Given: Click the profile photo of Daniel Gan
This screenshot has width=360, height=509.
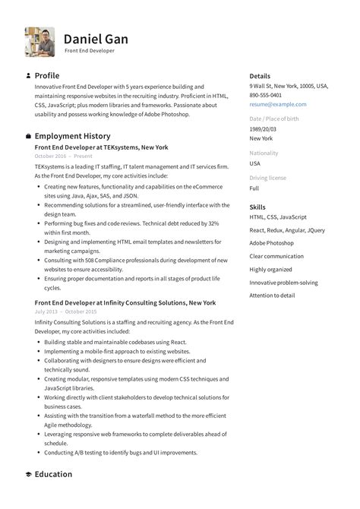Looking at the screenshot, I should (x=39, y=42).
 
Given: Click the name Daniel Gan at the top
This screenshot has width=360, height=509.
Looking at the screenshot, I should (x=96, y=38).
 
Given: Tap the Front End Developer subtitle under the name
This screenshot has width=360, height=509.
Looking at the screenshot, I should (x=89, y=51).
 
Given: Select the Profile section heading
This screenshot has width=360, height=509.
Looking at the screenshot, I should (x=47, y=76).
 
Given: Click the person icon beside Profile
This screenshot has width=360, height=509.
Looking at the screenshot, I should (x=28, y=76).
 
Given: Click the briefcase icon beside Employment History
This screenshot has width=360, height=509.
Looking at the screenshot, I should (x=28, y=136).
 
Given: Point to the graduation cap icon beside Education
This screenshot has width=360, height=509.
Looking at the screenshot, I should (x=28, y=474).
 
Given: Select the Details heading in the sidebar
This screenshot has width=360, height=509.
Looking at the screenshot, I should (x=260, y=76).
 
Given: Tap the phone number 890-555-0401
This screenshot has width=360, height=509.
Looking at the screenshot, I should (x=266, y=95).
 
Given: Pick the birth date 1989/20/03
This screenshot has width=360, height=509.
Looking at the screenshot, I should (x=263, y=129).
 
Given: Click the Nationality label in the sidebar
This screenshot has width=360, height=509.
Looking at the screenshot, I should (x=264, y=153).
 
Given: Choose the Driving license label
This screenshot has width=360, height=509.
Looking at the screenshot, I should (x=268, y=178).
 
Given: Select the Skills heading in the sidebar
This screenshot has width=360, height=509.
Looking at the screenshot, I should (x=257, y=207).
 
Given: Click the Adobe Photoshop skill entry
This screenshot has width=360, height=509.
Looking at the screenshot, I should (x=271, y=243).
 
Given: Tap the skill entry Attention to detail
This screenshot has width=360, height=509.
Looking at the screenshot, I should (x=272, y=295).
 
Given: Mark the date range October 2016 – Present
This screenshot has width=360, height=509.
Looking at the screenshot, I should (x=63, y=156).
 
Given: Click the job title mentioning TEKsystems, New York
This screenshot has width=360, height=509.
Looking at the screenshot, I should (x=101, y=147).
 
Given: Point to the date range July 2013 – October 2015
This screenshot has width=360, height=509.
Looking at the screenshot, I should (x=65, y=311).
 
